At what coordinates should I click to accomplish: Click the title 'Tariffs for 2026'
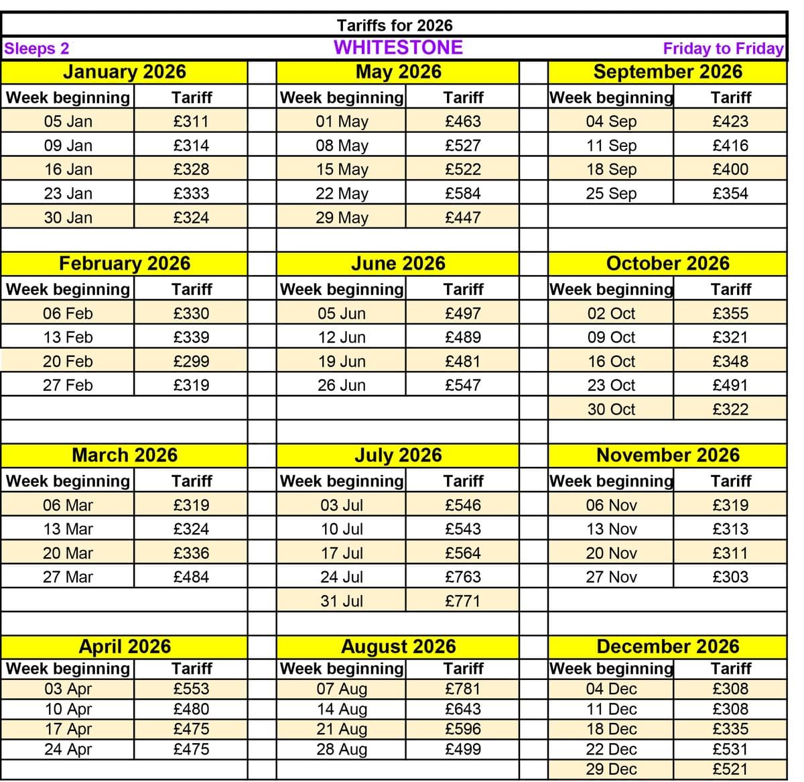click(x=395, y=25)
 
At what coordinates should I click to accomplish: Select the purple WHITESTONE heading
click(x=398, y=48)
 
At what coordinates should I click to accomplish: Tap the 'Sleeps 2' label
click(x=37, y=48)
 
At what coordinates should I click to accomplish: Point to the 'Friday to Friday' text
click(x=723, y=48)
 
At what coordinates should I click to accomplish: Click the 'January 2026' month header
click(x=125, y=72)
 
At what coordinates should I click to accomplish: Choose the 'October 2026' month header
click(x=667, y=264)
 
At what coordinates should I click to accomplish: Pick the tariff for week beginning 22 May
click(x=463, y=194)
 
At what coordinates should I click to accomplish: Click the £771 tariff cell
click(x=463, y=601)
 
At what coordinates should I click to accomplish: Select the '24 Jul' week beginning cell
click(x=342, y=577)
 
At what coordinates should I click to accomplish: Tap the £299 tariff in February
click(x=191, y=361)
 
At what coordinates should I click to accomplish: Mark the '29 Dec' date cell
click(x=611, y=769)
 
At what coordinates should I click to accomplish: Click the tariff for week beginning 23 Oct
click(x=730, y=386)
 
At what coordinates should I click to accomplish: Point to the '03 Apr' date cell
click(x=68, y=689)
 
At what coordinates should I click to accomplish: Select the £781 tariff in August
click(x=463, y=689)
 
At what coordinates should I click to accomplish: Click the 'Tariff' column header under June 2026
click(x=463, y=290)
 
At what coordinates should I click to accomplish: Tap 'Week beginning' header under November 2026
click(x=611, y=481)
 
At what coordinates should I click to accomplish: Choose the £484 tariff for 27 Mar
click(x=191, y=577)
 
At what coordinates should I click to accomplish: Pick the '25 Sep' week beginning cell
click(x=611, y=194)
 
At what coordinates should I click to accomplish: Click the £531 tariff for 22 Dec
click(x=730, y=749)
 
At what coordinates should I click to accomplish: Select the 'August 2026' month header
click(x=398, y=647)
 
